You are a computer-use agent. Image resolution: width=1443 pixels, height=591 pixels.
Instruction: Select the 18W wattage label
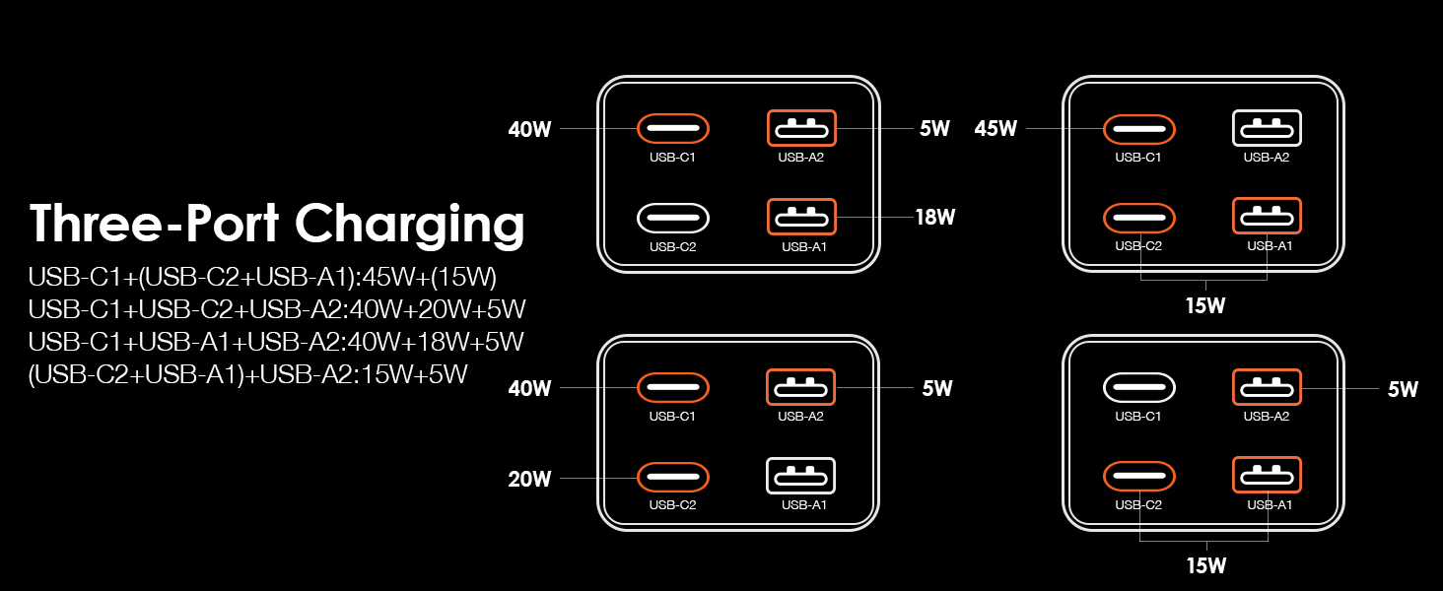[x=934, y=218]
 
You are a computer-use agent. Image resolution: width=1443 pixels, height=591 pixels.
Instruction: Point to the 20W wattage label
[x=529, y=480]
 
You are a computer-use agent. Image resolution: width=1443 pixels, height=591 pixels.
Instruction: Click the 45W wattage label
[x=996, y=129]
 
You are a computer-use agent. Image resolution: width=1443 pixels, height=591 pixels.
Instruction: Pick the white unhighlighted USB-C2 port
[x=673, y=217]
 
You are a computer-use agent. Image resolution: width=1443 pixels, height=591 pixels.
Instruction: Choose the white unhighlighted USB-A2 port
[x=1267, y=128]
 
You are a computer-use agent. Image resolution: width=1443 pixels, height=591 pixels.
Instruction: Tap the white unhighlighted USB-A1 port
[x=800, y=477]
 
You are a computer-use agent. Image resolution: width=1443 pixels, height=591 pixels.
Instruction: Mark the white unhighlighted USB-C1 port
[x=1138, y=387]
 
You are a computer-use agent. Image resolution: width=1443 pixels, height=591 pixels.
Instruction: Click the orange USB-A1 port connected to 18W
[x=800, y=217]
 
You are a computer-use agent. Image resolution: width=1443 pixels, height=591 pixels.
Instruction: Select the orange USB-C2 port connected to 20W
[x=673, y=477]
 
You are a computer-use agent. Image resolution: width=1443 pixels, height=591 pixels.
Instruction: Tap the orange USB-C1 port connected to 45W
[x=1138, y=128]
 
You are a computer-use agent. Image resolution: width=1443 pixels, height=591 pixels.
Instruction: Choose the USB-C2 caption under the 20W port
[x=673, y=505]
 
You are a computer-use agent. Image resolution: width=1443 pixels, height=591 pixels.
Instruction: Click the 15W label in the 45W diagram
[x=1204, y=306]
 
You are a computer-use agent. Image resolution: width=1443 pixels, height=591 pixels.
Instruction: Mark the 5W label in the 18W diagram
[x=933, y=129]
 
